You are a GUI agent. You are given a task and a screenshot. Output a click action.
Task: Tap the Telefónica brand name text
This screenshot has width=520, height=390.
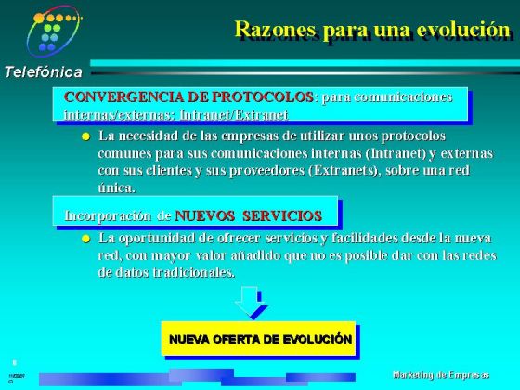coord(42,71)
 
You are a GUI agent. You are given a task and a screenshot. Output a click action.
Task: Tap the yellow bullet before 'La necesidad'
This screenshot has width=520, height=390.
coord(85,136)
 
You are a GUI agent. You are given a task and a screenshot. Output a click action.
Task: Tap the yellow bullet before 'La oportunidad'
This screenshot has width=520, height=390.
coord(85,239)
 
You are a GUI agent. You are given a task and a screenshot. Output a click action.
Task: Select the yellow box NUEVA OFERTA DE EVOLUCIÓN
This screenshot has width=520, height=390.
coord(260,340)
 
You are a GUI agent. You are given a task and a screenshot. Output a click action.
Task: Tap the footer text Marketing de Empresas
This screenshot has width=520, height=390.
coord(441,374)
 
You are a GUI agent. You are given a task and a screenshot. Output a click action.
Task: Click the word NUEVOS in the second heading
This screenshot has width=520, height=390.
coord(205,215)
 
